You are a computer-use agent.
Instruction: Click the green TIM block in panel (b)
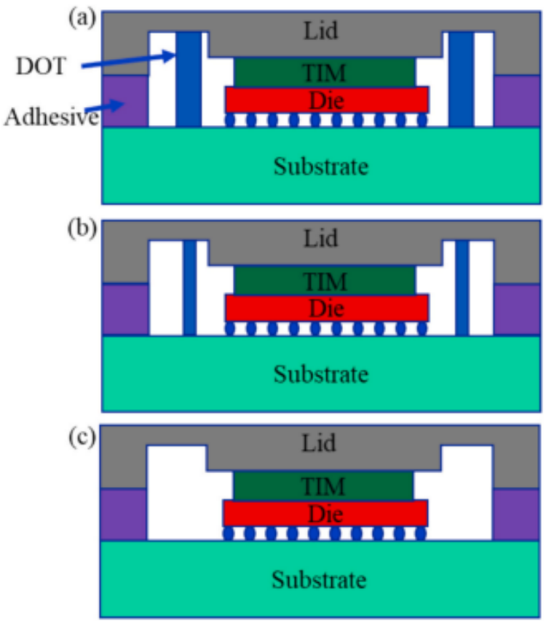point(325,281)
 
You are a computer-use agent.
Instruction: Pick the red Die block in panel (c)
point(325,514)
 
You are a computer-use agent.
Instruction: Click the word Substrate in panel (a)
point(321,167)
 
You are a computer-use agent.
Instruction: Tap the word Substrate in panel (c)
point(320,580)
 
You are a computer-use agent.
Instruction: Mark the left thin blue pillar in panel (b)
point(190,287)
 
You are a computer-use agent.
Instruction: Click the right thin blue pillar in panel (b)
point(462,287)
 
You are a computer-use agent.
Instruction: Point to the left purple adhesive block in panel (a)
point(125,102)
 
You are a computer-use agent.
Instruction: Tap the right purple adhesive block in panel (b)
point(516,309)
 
